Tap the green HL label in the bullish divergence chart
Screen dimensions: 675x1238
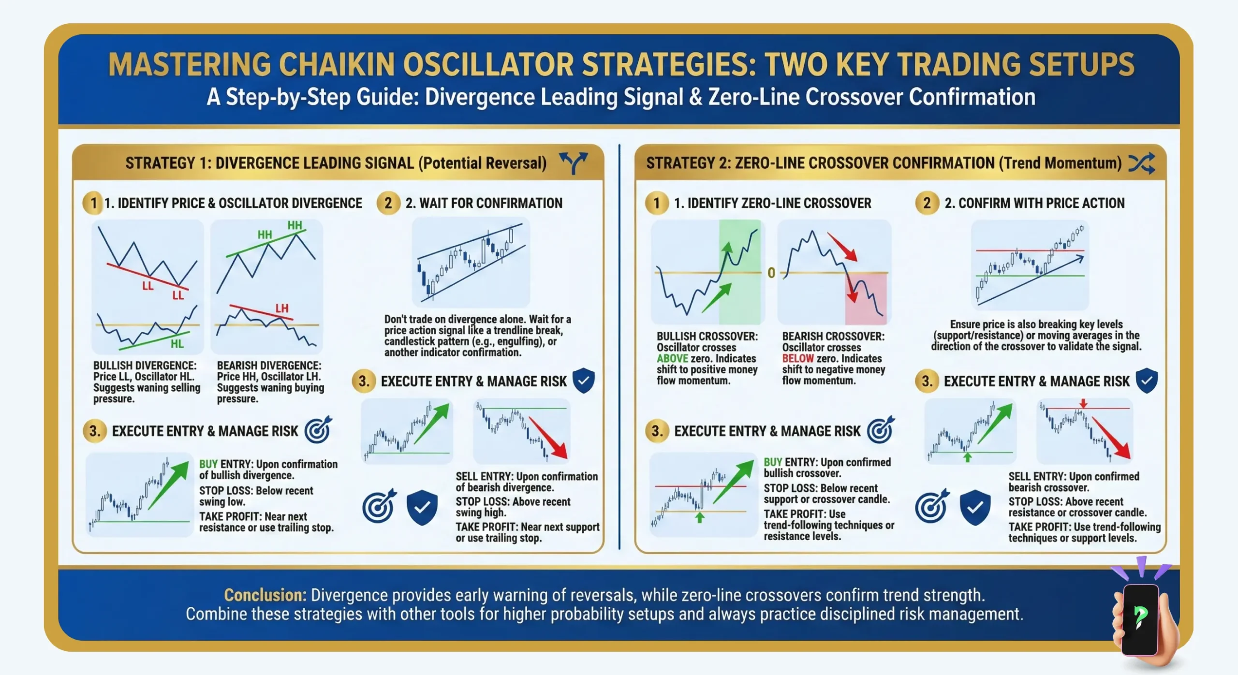(177, 344)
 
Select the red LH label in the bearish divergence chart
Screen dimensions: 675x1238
(282, 308)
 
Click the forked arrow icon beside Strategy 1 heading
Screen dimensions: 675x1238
(573, 163)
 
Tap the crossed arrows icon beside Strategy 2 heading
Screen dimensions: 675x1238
(1141, 163)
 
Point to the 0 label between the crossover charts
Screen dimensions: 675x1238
(771, 273)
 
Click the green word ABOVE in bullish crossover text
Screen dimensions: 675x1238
(672, 359)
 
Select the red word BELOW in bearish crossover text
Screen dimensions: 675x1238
(798, 359)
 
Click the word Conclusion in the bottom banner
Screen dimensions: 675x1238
(265, 595)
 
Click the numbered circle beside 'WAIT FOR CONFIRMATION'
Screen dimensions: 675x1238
(388, 203)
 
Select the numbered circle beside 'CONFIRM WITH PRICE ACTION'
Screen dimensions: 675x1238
(927, 203)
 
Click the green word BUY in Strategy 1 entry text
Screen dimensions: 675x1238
(208, 464)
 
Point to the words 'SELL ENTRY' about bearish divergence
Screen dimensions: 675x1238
(484, 477)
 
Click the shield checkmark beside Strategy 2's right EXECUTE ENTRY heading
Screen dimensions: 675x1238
(1146, 381)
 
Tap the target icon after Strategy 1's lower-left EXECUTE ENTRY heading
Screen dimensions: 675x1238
(318, 430)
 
